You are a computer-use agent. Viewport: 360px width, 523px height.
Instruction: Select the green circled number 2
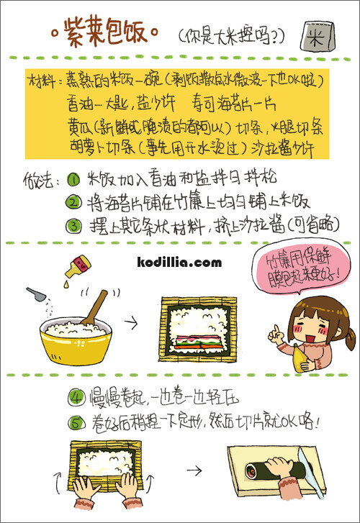coord(73,202)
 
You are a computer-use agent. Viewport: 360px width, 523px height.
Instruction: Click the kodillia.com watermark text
coord(179,263)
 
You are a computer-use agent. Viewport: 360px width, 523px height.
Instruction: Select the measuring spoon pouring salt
coord(36,294)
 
